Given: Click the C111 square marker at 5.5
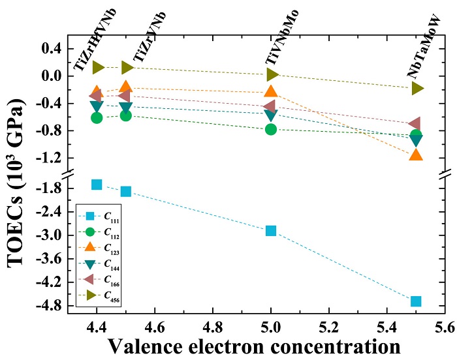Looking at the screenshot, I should click(416, 301).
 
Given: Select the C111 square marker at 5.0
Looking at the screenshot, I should click(271, 230).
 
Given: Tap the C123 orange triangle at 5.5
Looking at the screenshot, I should click(416, 155).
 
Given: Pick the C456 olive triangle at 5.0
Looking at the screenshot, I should click(272, 75).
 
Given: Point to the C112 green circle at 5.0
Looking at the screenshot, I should click(271, 129).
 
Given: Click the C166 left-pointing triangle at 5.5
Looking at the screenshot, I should click(415, 124).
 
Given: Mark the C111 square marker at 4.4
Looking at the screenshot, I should click(97, 185).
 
